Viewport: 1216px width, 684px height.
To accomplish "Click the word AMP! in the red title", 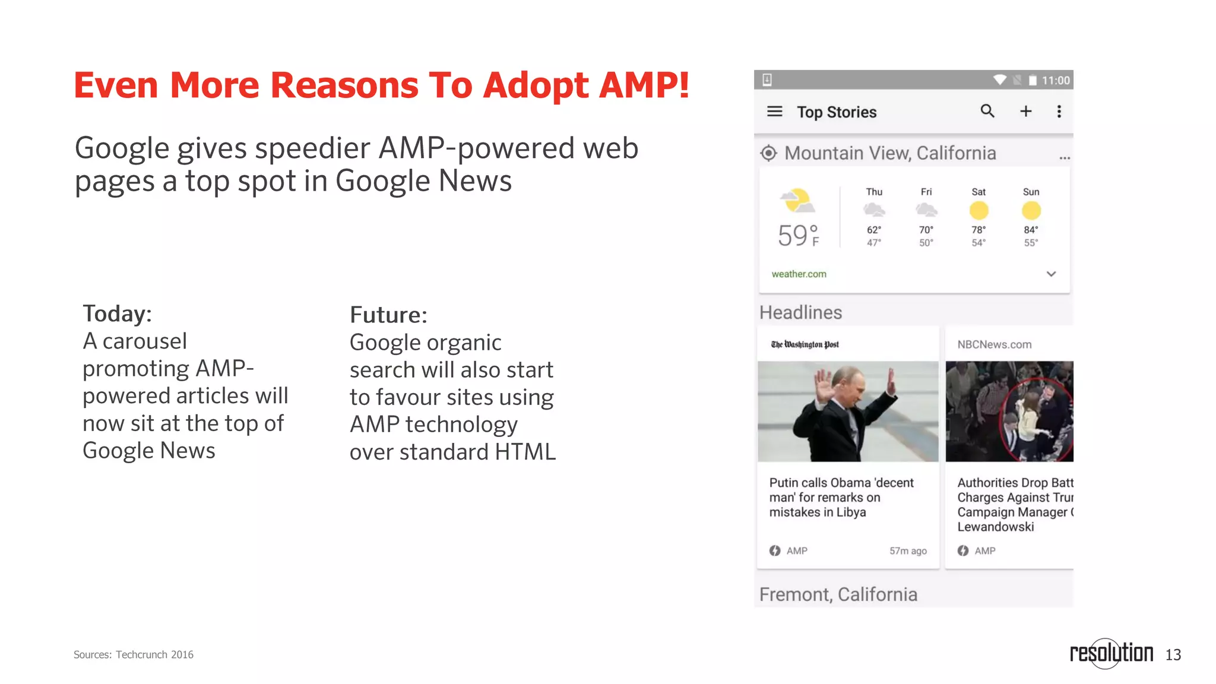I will [x=644, y=85].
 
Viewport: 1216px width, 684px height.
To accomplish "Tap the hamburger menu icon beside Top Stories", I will [x=774, y=112].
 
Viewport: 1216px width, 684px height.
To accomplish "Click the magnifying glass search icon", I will [x=987, y=111].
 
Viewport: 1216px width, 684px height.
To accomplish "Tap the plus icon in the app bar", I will [x=1025, y=112].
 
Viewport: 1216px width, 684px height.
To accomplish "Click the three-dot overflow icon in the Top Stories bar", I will [x=1059, y=112].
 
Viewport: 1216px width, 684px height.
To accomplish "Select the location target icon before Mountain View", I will [x=768, y=153].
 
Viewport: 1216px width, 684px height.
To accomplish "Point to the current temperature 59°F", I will [x=798, y=236].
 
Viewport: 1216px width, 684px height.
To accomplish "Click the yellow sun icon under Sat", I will [x=978, y=211].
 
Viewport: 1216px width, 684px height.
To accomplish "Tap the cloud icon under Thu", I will [x=874, y=210].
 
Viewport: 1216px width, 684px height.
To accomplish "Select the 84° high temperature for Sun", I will [x=1031, y=230].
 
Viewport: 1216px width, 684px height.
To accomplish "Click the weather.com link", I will [x=799, y=274].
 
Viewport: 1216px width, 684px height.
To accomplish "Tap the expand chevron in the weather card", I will [x=1051, y=274].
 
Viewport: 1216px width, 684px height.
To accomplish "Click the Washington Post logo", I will [x=805, y=344].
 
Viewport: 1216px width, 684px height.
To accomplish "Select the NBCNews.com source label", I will [x=994, y=344].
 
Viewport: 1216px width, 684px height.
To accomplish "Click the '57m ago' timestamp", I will [x=908, y=551].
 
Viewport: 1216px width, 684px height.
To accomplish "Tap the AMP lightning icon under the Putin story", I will [x=775, y=551].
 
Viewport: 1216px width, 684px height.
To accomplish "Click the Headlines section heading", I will [x=800, y=312].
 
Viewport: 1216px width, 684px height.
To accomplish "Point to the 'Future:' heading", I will [x=388, y=315].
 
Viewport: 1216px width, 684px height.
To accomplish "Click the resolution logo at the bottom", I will [x=1111, y=653].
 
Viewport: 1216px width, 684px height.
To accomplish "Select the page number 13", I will [x=1173, y=655].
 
